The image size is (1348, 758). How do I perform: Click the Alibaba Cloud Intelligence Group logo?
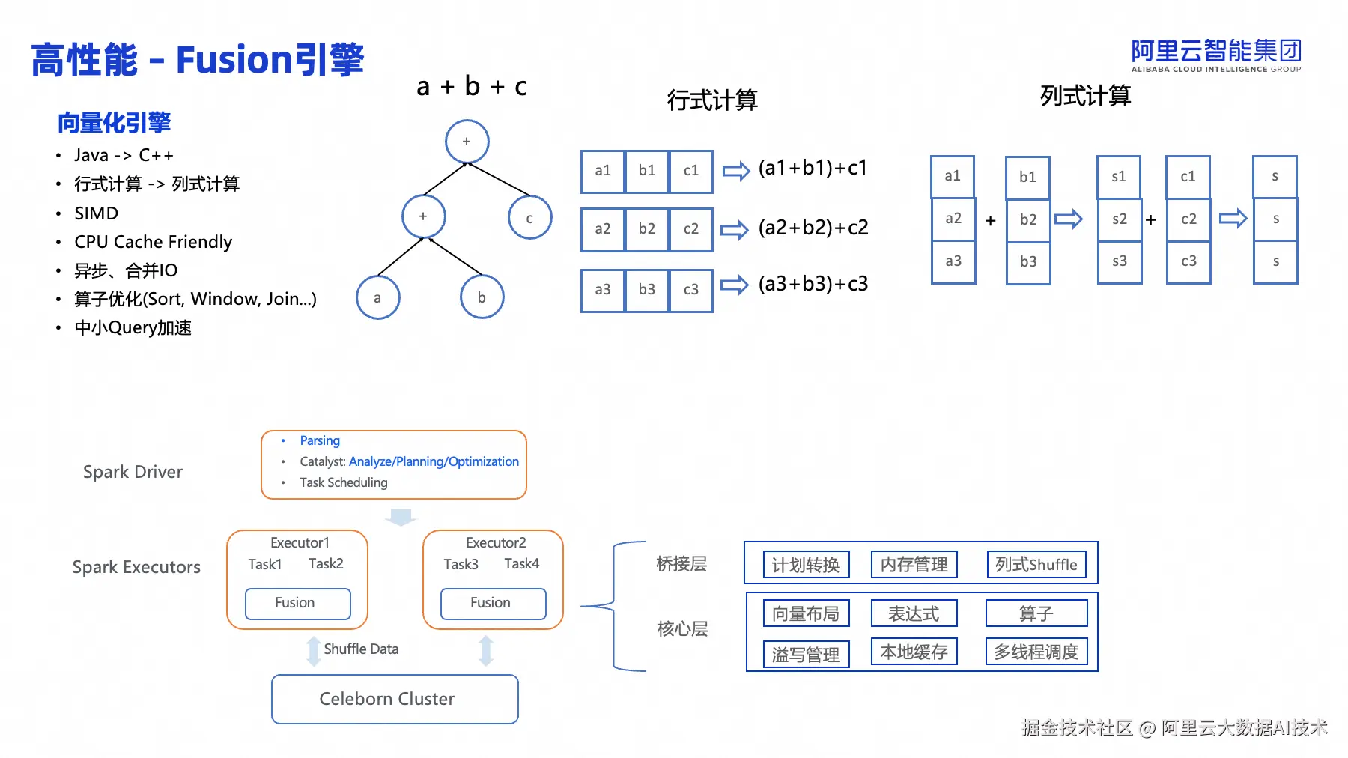1215,55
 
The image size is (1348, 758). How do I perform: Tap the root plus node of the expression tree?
467,142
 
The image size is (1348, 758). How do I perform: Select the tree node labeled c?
529,218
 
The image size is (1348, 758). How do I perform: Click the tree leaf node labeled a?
377,297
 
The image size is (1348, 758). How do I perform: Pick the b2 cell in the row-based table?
646,229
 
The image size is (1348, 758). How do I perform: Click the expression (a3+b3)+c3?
813,284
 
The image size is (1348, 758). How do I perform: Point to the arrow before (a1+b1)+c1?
735,171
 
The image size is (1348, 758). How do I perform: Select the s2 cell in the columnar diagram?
1119,219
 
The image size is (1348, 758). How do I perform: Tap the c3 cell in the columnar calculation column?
1188,261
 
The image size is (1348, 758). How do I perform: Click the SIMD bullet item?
96,213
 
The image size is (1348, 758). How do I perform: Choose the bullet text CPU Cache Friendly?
153,242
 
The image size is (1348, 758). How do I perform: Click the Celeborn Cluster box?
395,699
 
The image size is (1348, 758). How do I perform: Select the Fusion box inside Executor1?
297,603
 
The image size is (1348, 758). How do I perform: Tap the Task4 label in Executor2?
521,564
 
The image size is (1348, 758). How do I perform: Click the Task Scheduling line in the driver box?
343,482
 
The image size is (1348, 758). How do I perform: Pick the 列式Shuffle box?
1036,565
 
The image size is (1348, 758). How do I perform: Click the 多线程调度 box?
1036,652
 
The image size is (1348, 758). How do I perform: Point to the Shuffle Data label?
361,649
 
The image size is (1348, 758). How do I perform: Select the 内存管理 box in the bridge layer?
914,565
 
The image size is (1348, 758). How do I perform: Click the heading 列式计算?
1085,96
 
